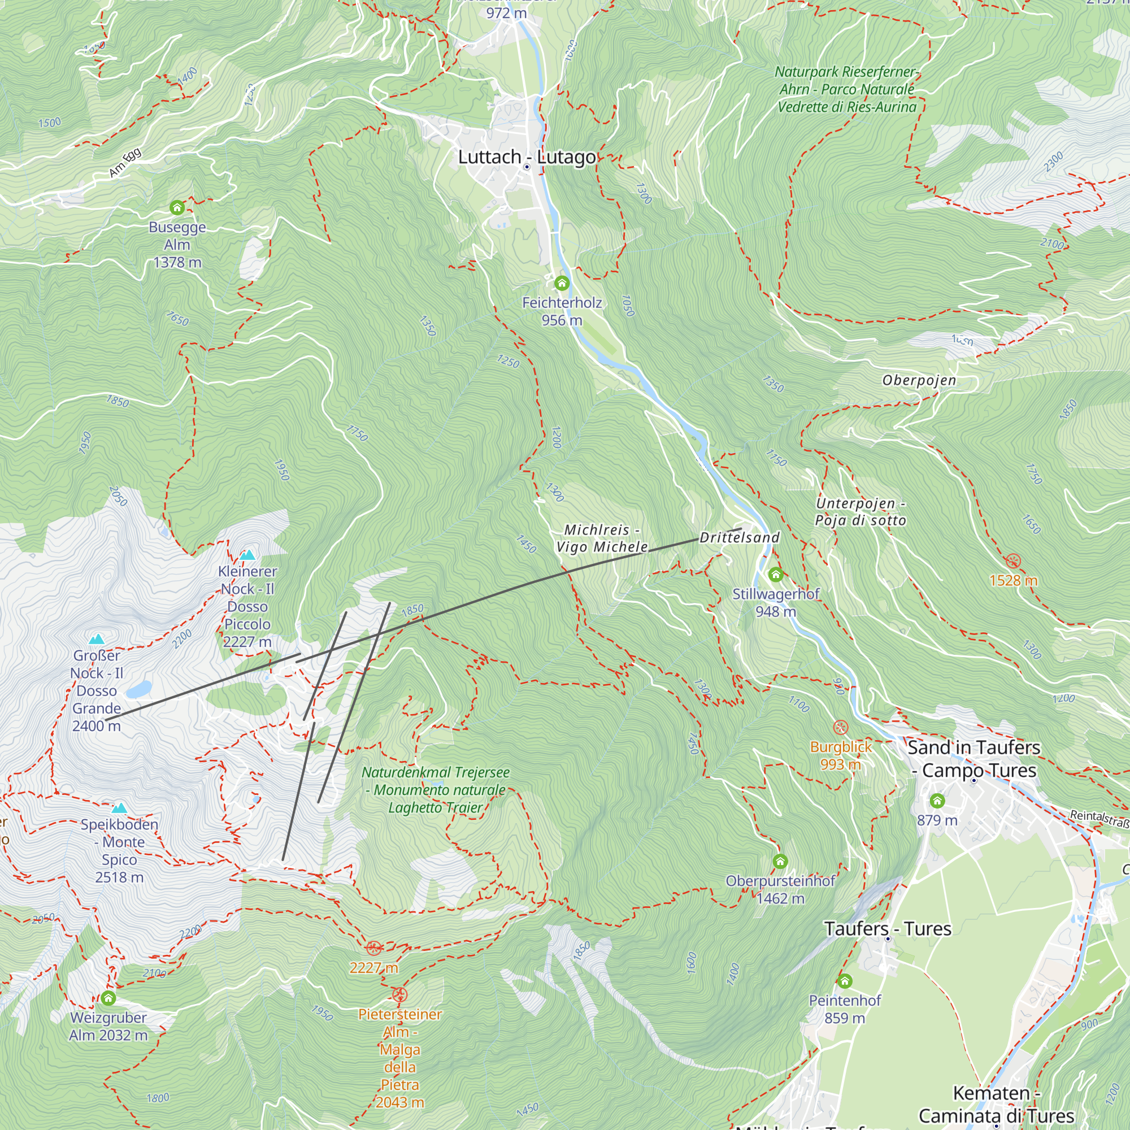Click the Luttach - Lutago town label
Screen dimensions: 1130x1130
point(527,157)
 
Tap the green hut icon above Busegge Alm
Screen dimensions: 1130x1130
point(177,207)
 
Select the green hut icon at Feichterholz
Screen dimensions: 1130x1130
point(562,283)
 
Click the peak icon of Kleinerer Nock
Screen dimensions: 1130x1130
point(247,554)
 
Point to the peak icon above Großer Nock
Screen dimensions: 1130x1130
point(97,638)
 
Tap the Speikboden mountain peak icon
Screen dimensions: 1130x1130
point(119,808)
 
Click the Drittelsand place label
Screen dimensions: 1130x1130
point(739,537)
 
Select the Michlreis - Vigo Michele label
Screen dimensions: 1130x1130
point(601,538)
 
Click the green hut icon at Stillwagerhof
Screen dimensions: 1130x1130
point(776,575)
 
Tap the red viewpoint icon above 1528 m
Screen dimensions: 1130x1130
point(1013,561)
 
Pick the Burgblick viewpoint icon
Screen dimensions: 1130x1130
point(841,728)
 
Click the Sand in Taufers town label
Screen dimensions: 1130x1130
point(974,759)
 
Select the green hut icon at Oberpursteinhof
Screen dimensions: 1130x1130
point(780,861)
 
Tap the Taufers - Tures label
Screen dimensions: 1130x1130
point(887,928)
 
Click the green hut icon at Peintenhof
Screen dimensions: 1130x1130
point(845,981)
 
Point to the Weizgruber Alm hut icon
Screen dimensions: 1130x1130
point(108,998)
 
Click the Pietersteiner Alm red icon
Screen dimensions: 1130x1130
point(399,994)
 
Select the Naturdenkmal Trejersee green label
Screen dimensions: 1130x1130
point(435,790)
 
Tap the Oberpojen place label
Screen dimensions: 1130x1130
point(919,380)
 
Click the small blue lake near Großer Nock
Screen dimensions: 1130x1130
point(138,689)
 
